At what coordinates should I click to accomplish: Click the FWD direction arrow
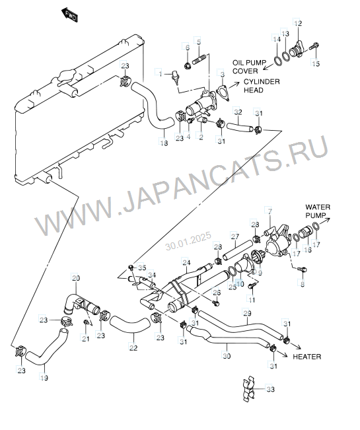(69, 16)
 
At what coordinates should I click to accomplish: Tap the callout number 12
(298, 23)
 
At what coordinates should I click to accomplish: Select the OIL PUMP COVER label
(249, 67)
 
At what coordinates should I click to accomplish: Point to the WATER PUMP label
(318, 211)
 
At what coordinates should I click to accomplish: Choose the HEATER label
(306, 357)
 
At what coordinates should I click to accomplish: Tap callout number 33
(270, 389)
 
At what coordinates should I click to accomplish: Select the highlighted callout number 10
(240, 283)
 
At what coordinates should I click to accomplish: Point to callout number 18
(164, 143)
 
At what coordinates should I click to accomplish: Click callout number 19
(44, 378)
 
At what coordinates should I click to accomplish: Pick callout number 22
(133, 347)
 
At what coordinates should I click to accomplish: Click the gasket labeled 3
(223, 93)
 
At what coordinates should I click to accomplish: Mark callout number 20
(76, 278)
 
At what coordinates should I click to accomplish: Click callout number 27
(235, 236)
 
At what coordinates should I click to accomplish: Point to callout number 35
(142, 268)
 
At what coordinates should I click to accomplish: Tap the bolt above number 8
(303, 269)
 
